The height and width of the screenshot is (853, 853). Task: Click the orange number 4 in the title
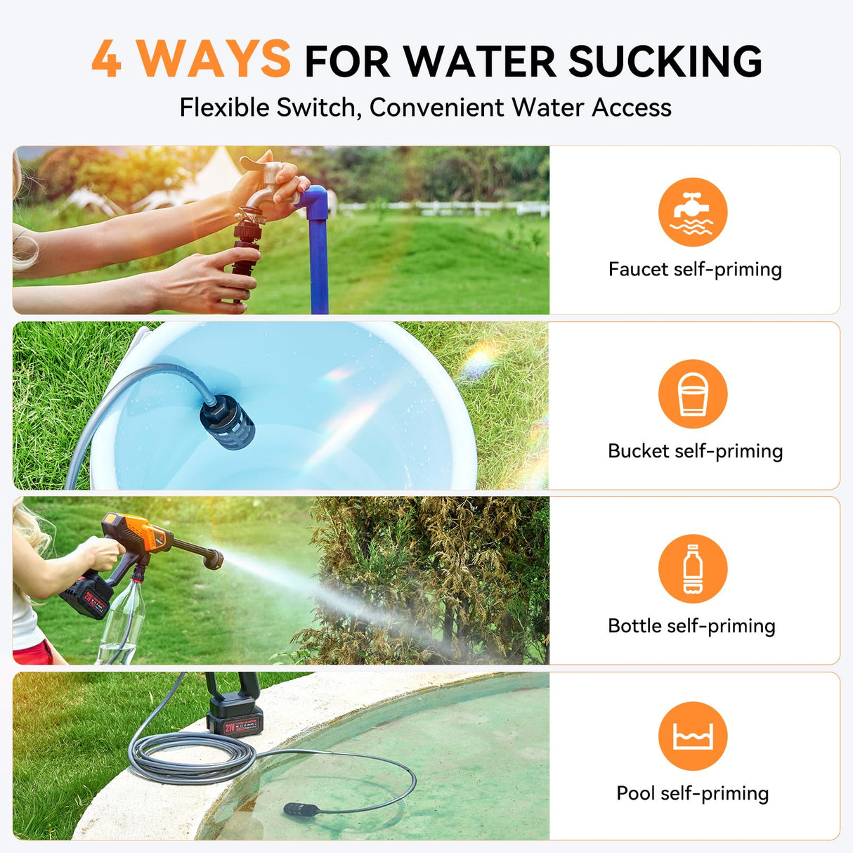tap(107, 60)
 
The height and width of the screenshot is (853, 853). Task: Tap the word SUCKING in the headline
tap(665, 62)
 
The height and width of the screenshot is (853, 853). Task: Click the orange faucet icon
tap(692, 211)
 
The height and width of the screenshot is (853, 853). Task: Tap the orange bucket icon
tap(692, 393)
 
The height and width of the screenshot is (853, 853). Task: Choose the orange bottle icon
tap(692, 568)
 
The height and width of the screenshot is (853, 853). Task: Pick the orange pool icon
tap(692, 736)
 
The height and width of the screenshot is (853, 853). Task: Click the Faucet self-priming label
tap(694, 269)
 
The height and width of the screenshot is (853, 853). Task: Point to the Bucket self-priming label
tap(694, 451)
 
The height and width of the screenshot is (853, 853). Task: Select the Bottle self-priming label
tap(691, 626)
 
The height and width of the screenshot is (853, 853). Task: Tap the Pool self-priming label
tap(692, 793)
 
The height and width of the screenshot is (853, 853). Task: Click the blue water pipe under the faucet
tap(318, 260)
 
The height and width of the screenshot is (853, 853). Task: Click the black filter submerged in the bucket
tap(228, 422)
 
